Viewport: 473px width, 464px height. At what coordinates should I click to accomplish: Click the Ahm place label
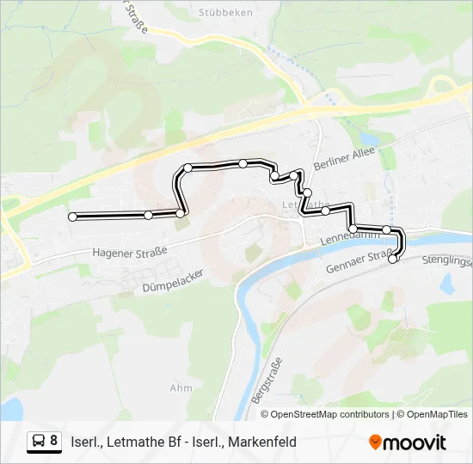point(181,388)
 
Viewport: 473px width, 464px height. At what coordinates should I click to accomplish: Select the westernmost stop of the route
point(72,217)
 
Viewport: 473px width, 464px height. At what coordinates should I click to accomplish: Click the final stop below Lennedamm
point(394,259)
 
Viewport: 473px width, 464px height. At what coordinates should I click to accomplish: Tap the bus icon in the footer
point(40,442)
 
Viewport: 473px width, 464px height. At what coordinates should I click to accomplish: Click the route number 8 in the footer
point(54,441)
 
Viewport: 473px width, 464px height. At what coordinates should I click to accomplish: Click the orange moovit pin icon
point(375,443)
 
